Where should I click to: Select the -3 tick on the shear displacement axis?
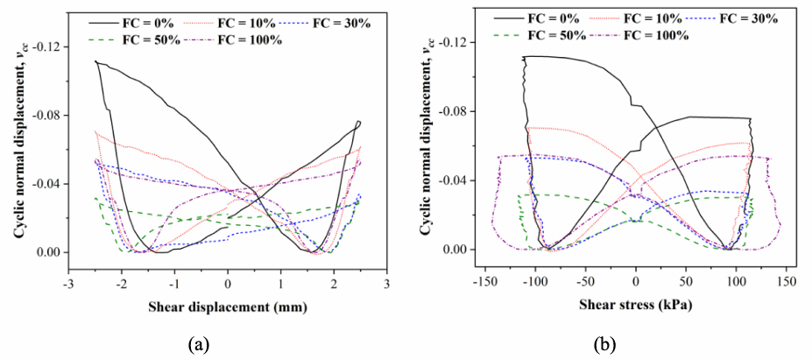[68, 284]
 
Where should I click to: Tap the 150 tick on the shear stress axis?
[786, 284]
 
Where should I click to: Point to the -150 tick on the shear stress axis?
[484, 284]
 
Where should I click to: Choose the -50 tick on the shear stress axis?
[584, 284]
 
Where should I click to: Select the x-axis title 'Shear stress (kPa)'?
[635, 306]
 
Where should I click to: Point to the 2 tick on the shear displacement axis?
[334, 284]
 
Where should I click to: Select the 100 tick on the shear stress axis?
[736, 284]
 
